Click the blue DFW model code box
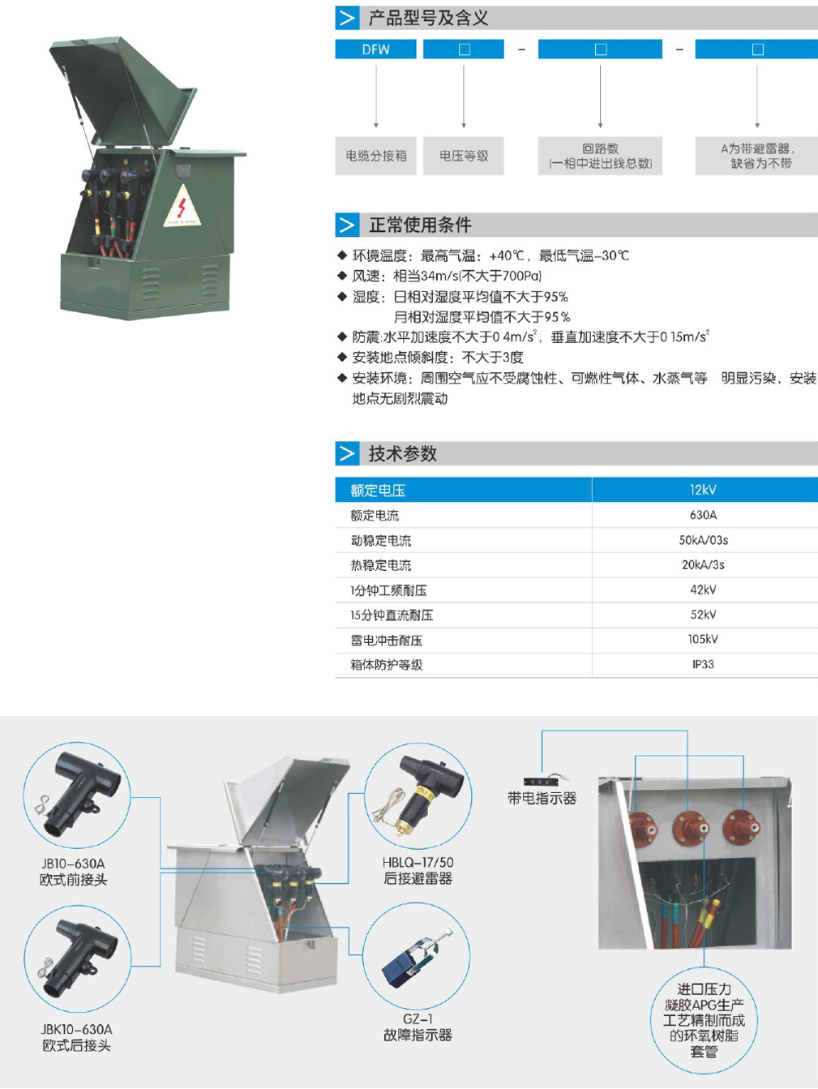(375, 49)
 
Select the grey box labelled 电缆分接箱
(375, 156)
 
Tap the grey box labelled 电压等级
(464, 156)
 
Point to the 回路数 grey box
(600, 156)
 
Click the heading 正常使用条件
(420, 225)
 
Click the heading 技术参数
(402, 453)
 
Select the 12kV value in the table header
(703, 490)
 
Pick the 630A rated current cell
(703, 515)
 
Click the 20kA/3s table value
(703, 564)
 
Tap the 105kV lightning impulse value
(703, 639)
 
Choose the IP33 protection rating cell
(703, 664)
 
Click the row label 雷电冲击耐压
(387, 641)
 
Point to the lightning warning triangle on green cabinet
(182, 207)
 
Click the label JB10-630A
(74, 864)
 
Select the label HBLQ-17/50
(418, 862)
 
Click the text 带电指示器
(542, 798)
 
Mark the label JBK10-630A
(76, 1029)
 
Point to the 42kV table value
(703, 590)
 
